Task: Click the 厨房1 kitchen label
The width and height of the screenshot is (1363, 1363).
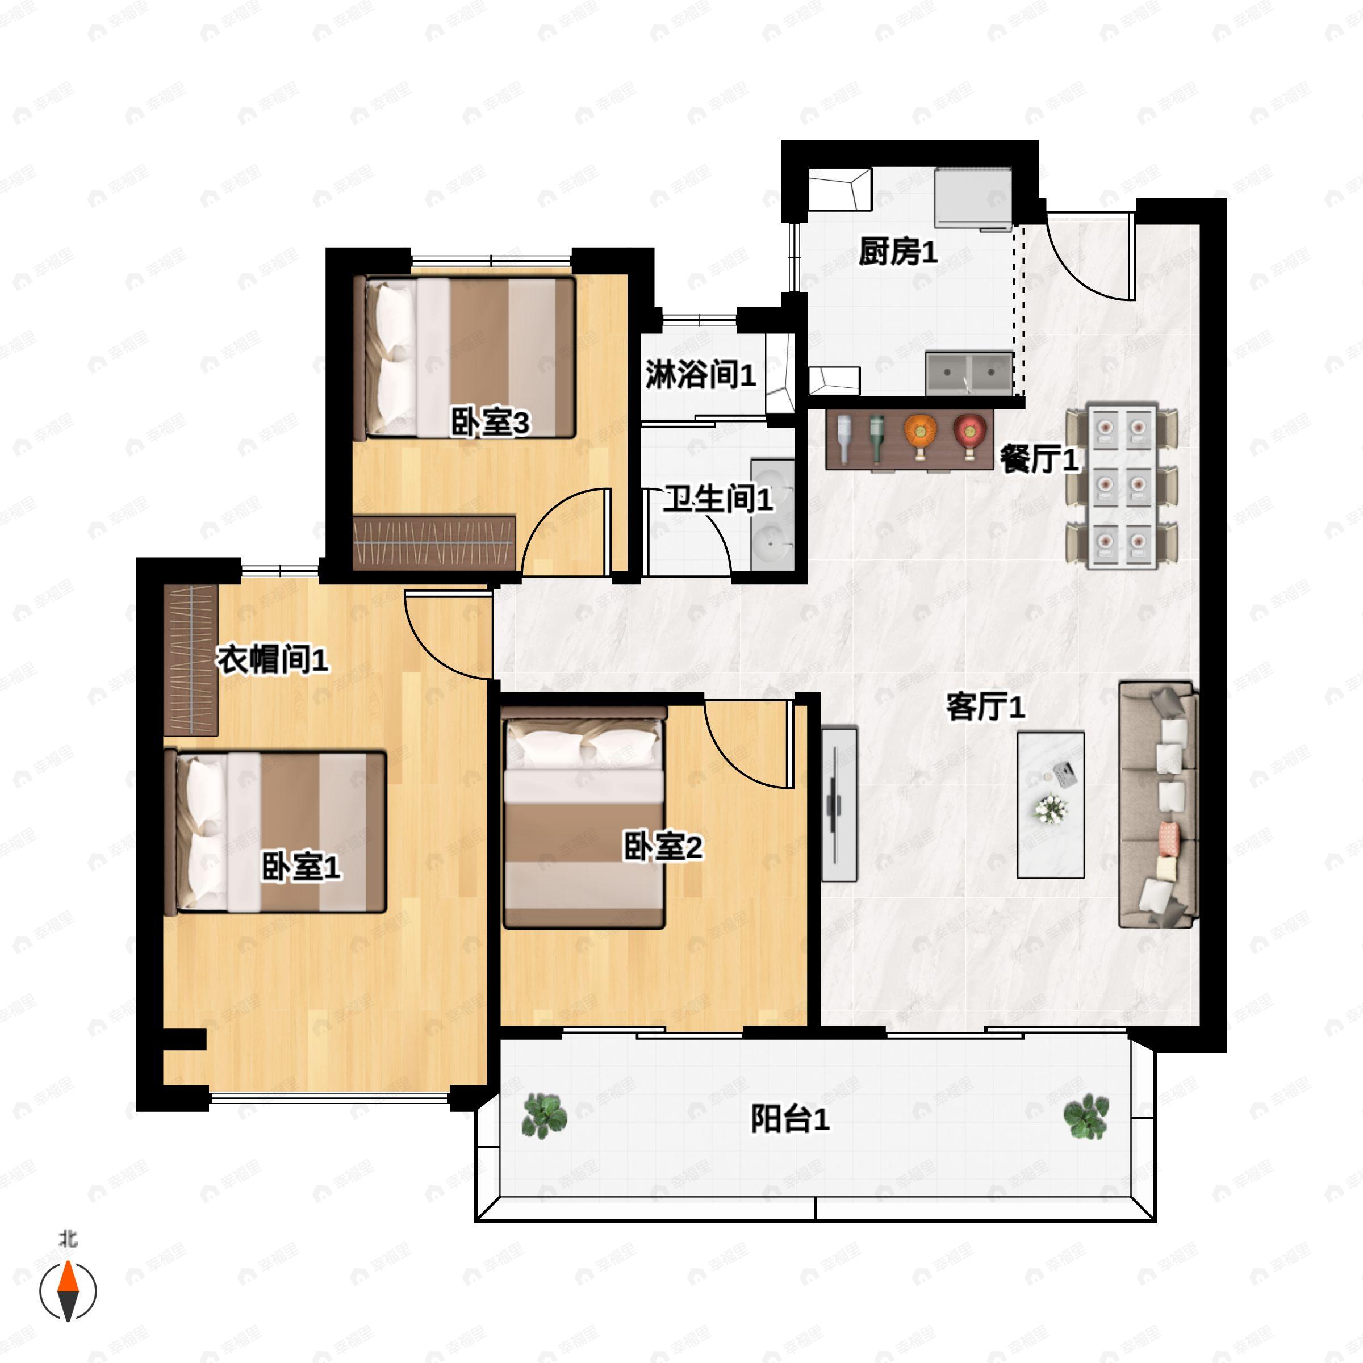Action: (x=897, y=252)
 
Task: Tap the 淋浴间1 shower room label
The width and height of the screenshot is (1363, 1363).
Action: (x=700, y=374)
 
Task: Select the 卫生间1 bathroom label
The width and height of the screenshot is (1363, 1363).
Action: (x=717, y=499)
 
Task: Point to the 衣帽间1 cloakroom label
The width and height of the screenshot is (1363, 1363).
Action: (x=271, y=659)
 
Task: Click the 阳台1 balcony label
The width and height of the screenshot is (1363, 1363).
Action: (x=789, y=1119)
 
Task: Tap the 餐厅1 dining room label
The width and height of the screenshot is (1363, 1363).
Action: (x=1039, y=460)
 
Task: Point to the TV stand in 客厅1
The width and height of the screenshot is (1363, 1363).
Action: (x=839, y=804)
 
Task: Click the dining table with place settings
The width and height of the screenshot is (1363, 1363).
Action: (x=1122, y=486)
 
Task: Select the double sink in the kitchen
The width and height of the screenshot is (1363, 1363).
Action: (x=969, y=373)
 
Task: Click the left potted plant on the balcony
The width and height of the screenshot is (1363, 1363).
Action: (x=544, y=1115)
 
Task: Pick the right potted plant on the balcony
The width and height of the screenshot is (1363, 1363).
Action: (x=1086, y=1115)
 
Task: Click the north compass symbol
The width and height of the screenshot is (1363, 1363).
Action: (x=68, y=1290)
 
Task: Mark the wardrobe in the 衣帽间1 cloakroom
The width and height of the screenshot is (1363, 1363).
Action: (x=190, y=659)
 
